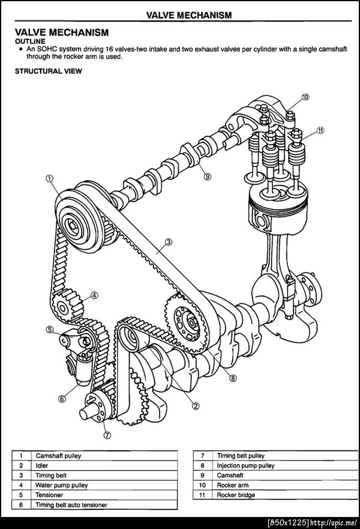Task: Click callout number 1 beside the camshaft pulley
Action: [x=50, y=178]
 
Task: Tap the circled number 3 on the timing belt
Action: [x=169, y=241]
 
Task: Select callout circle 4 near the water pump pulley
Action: [x=95, y=295]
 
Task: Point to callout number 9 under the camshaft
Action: [x=208, y=176]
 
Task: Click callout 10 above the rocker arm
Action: [x=305, y=97]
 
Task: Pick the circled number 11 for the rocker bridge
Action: [x=320, y=130]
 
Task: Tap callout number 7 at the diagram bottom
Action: [x=107, y=435]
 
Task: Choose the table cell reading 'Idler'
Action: [x=42, y=465]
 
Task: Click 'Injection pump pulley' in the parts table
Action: [x=246, y=465]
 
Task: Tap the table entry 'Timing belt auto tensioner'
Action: [x=71, y=505]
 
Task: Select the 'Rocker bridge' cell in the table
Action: [x=236, y=495]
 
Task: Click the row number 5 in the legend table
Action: [x=21, y=495]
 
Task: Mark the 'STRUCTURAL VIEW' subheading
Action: [x=48, y=71]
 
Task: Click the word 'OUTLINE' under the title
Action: [x=30, y=41]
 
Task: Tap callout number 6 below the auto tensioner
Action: [x=62, y=399]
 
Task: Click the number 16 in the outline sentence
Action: [x=109, y=49]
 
